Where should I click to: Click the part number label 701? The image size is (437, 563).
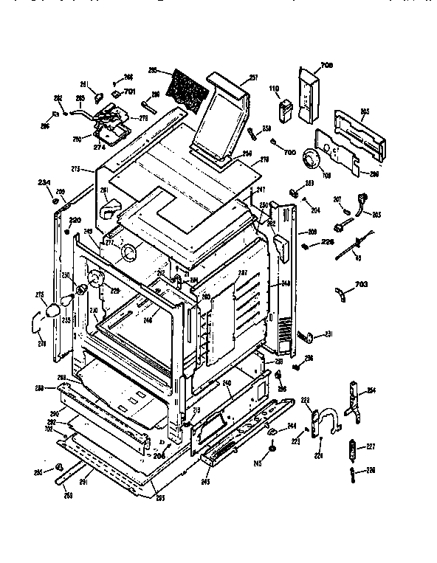130,91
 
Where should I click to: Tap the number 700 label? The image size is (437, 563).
289,151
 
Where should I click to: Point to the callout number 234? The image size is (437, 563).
44,182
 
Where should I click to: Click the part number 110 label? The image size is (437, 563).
275,91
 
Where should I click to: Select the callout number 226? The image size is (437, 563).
327,241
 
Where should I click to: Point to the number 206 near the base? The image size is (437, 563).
159,457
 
